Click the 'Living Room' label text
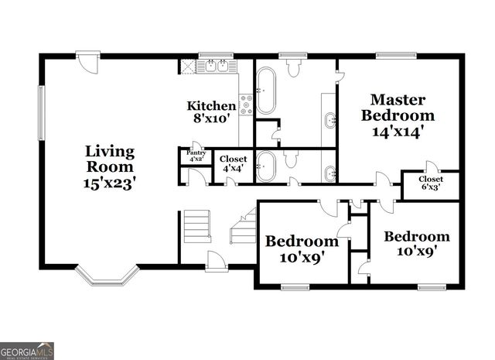(109, 159)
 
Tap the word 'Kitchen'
(211, 106)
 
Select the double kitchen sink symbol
(216, 67)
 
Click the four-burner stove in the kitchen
(247, 105)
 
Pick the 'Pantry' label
(193, 154)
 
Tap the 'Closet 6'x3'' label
(432, 183)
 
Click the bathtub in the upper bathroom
(266, 91)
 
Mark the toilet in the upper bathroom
(293, 68)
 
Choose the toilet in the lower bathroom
(291, 159)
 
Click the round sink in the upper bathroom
(330, 120)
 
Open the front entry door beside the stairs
(216, 262)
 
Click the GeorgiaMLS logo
(27, 351)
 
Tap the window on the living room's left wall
(42, 112)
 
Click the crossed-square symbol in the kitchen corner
(187, 66)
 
